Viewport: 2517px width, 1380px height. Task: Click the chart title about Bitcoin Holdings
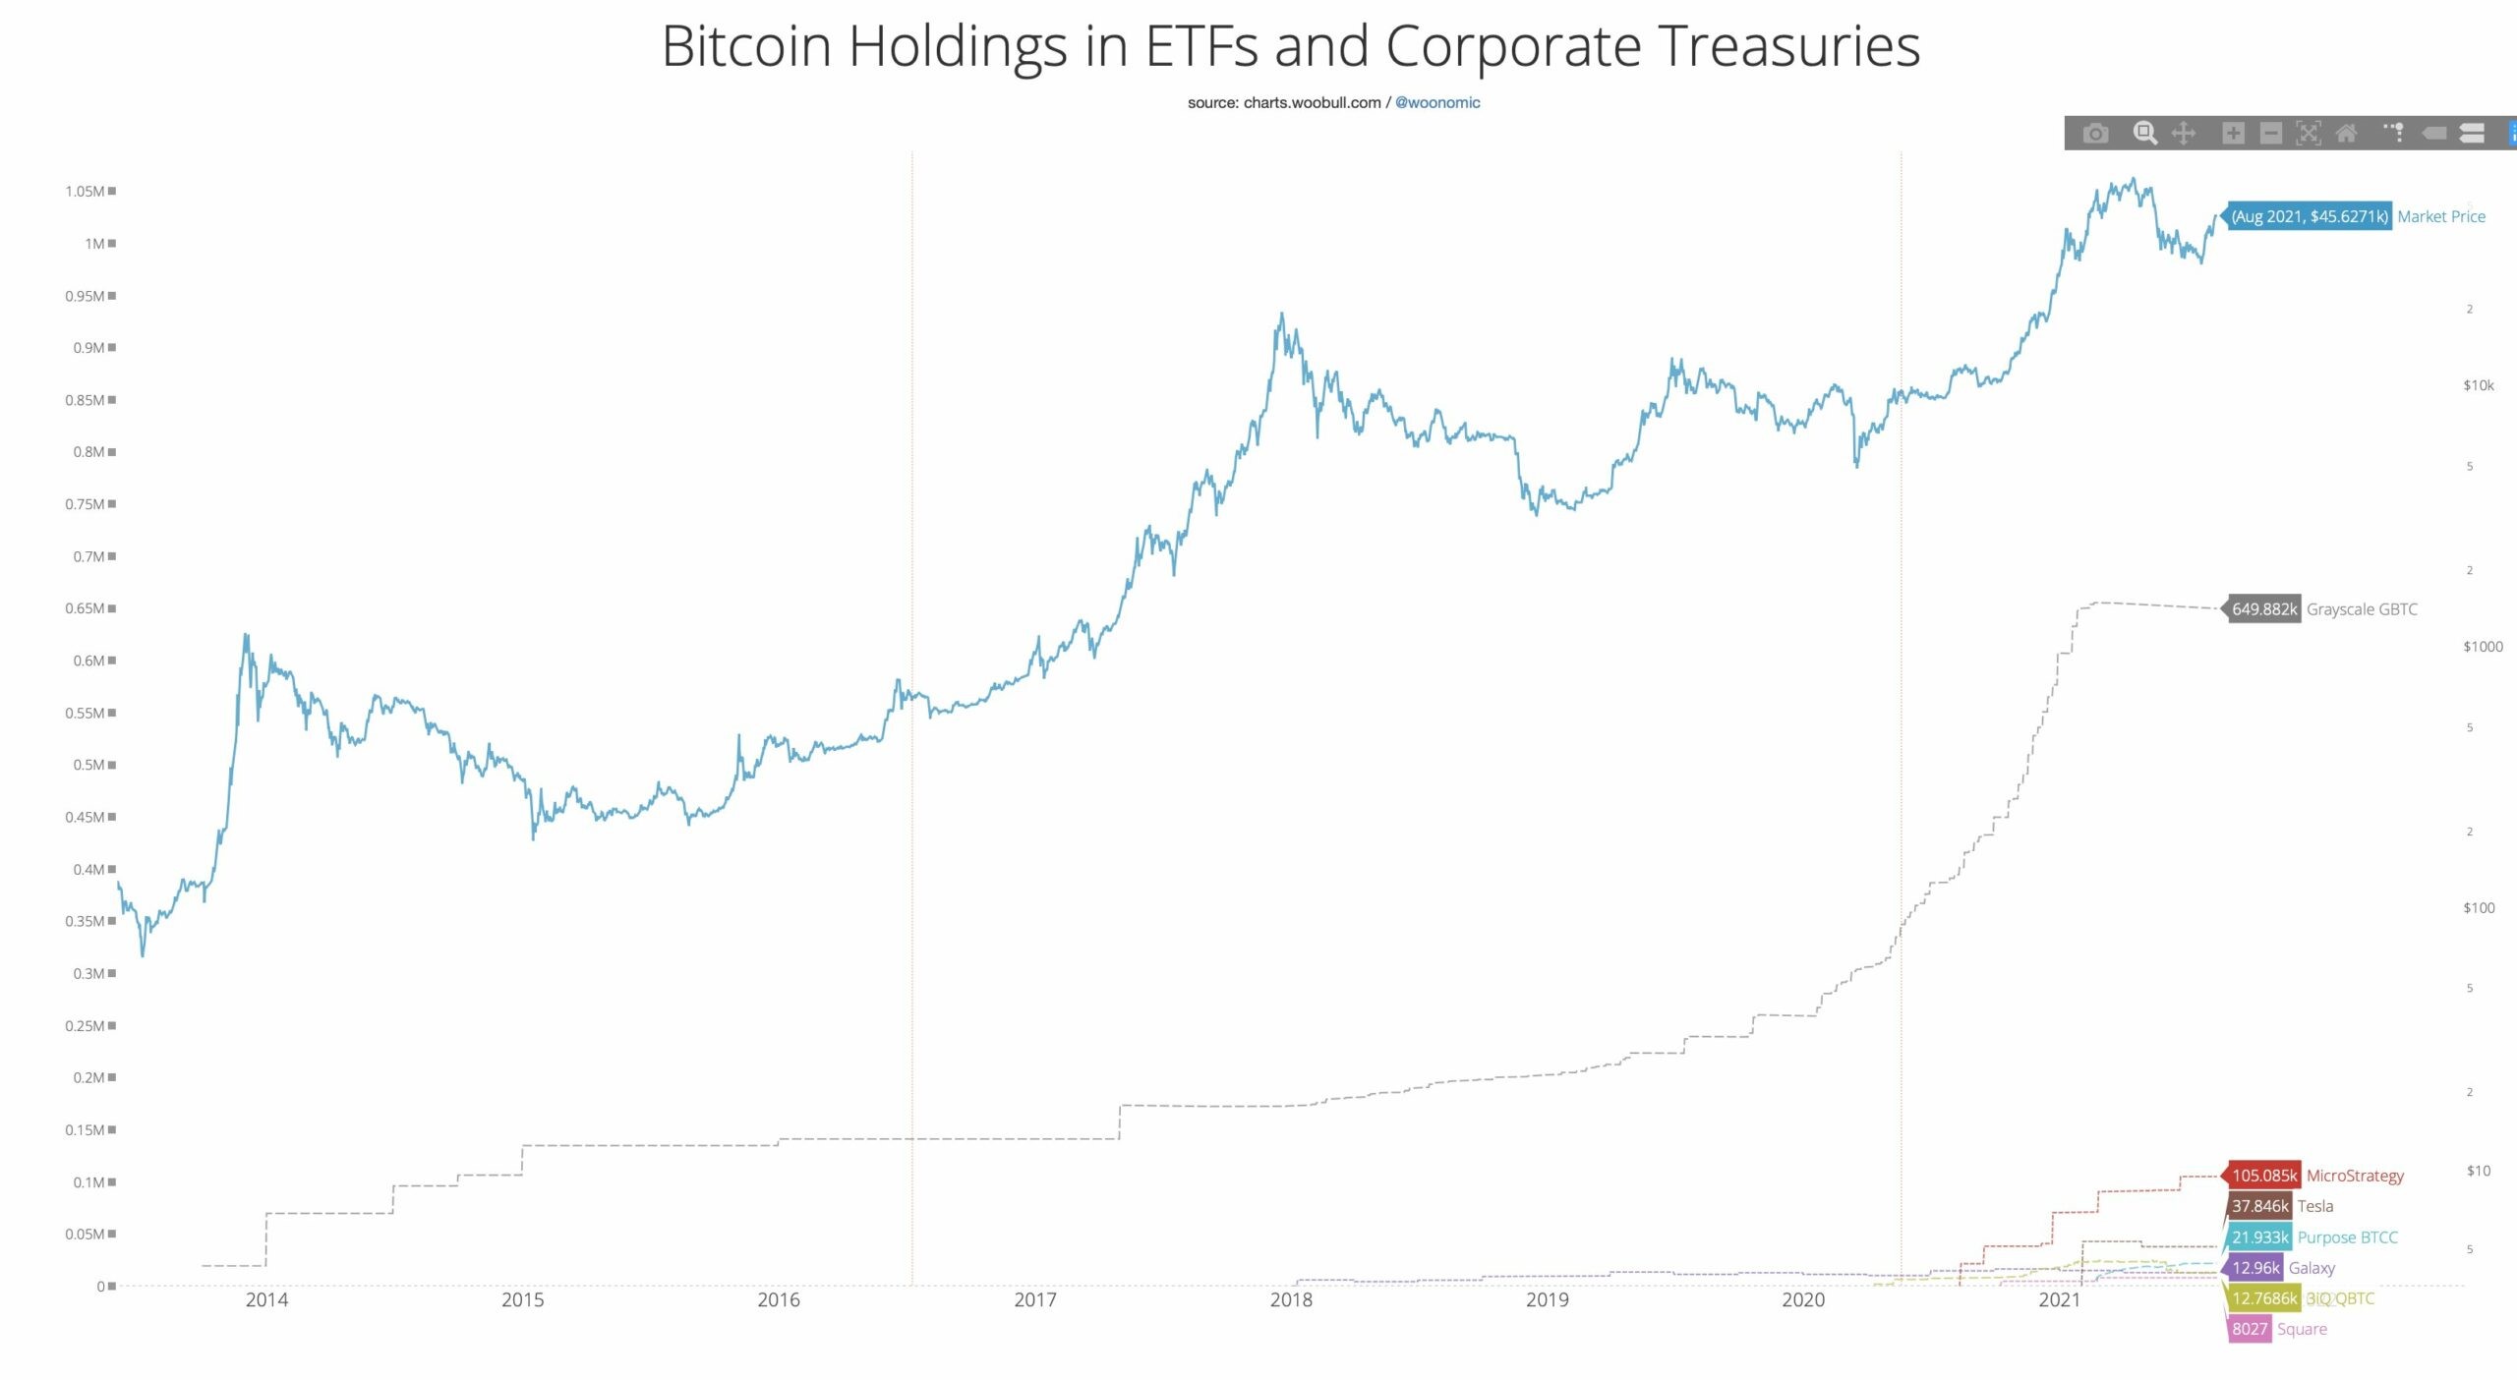(1290, 46)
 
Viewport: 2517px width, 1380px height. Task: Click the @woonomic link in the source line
(1436, 102)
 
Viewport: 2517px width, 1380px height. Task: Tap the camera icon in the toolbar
(2095, 134)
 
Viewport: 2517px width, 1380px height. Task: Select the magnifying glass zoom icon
(2144, 133)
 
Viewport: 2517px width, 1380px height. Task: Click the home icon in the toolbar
(2346, 134)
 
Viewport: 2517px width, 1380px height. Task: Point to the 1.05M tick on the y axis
(86, 191)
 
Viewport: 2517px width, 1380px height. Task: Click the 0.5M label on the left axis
(88, 765)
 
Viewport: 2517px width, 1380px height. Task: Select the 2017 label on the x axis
(1034, 1299)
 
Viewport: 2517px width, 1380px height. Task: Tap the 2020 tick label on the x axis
(1802, 1299)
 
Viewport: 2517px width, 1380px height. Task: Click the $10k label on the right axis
(2478, 385)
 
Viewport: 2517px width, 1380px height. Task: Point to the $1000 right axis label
(2482, 646)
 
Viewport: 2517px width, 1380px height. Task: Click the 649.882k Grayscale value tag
(2263, 609)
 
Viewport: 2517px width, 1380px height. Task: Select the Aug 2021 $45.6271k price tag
(2309, 216)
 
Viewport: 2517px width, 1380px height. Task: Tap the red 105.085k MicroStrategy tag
(2263, 1176)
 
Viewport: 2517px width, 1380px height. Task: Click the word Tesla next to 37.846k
(2314, 1206)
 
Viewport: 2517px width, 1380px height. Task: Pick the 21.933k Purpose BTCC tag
(2259, 1237)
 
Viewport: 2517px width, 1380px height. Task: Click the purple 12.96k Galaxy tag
(2254, 1268)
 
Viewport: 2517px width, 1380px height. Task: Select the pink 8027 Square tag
(2249, 1329)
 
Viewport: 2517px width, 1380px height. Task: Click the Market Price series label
(2440, 216)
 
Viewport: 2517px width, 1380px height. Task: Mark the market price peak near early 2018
(1281, 315)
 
